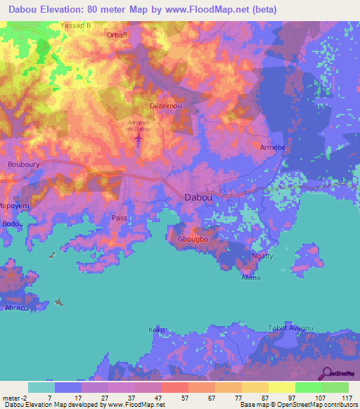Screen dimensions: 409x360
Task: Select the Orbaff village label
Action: [x=117, y=34]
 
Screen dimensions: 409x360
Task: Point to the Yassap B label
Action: [x=77, y=25]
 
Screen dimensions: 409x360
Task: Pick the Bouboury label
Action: [x=22, y=164]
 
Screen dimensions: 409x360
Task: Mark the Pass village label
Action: [x=120, y=218]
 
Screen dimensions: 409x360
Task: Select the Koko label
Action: [x=156, y=329]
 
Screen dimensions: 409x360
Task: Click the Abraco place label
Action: [x=15, y=309]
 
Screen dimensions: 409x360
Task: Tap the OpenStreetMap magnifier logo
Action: [x=327, y=373]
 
